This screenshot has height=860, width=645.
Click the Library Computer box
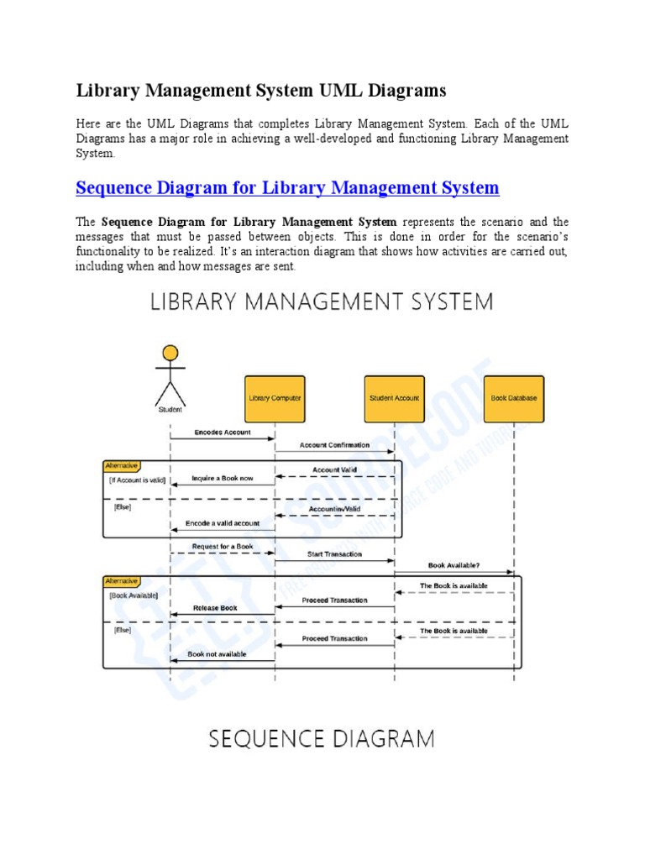275,398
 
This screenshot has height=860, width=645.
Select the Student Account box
394,398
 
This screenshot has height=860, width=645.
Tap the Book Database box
514,398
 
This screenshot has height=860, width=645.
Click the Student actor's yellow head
170,353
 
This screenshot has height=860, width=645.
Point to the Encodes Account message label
223,433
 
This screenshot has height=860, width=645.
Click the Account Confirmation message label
334,445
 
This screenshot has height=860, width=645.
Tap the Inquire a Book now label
222,478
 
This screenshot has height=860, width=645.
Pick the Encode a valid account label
223,523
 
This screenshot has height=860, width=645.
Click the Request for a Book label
223,546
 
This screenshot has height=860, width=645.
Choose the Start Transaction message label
334,554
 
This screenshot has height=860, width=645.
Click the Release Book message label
216,607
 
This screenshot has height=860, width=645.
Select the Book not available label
217,653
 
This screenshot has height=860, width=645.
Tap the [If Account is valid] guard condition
137,480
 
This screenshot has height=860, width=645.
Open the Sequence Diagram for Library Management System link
287,187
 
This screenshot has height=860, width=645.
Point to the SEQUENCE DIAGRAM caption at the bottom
322,739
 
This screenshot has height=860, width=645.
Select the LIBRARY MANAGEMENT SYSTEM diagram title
322,302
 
